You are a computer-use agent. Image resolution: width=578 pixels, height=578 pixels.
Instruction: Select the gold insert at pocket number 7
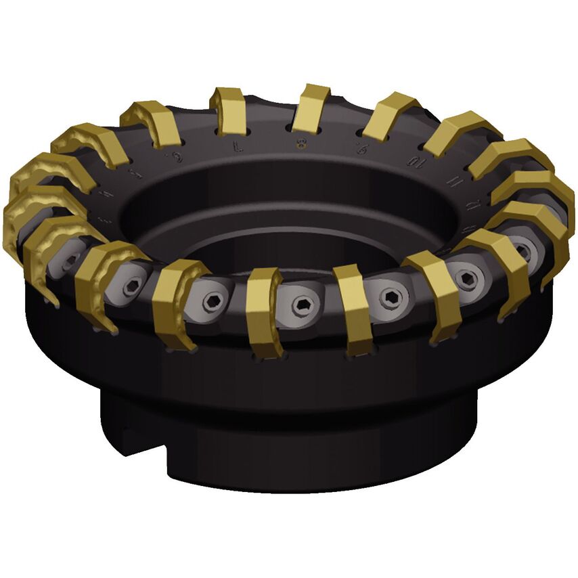point(228,110)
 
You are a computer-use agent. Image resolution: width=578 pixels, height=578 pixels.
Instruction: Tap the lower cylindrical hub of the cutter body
point(305,433)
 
